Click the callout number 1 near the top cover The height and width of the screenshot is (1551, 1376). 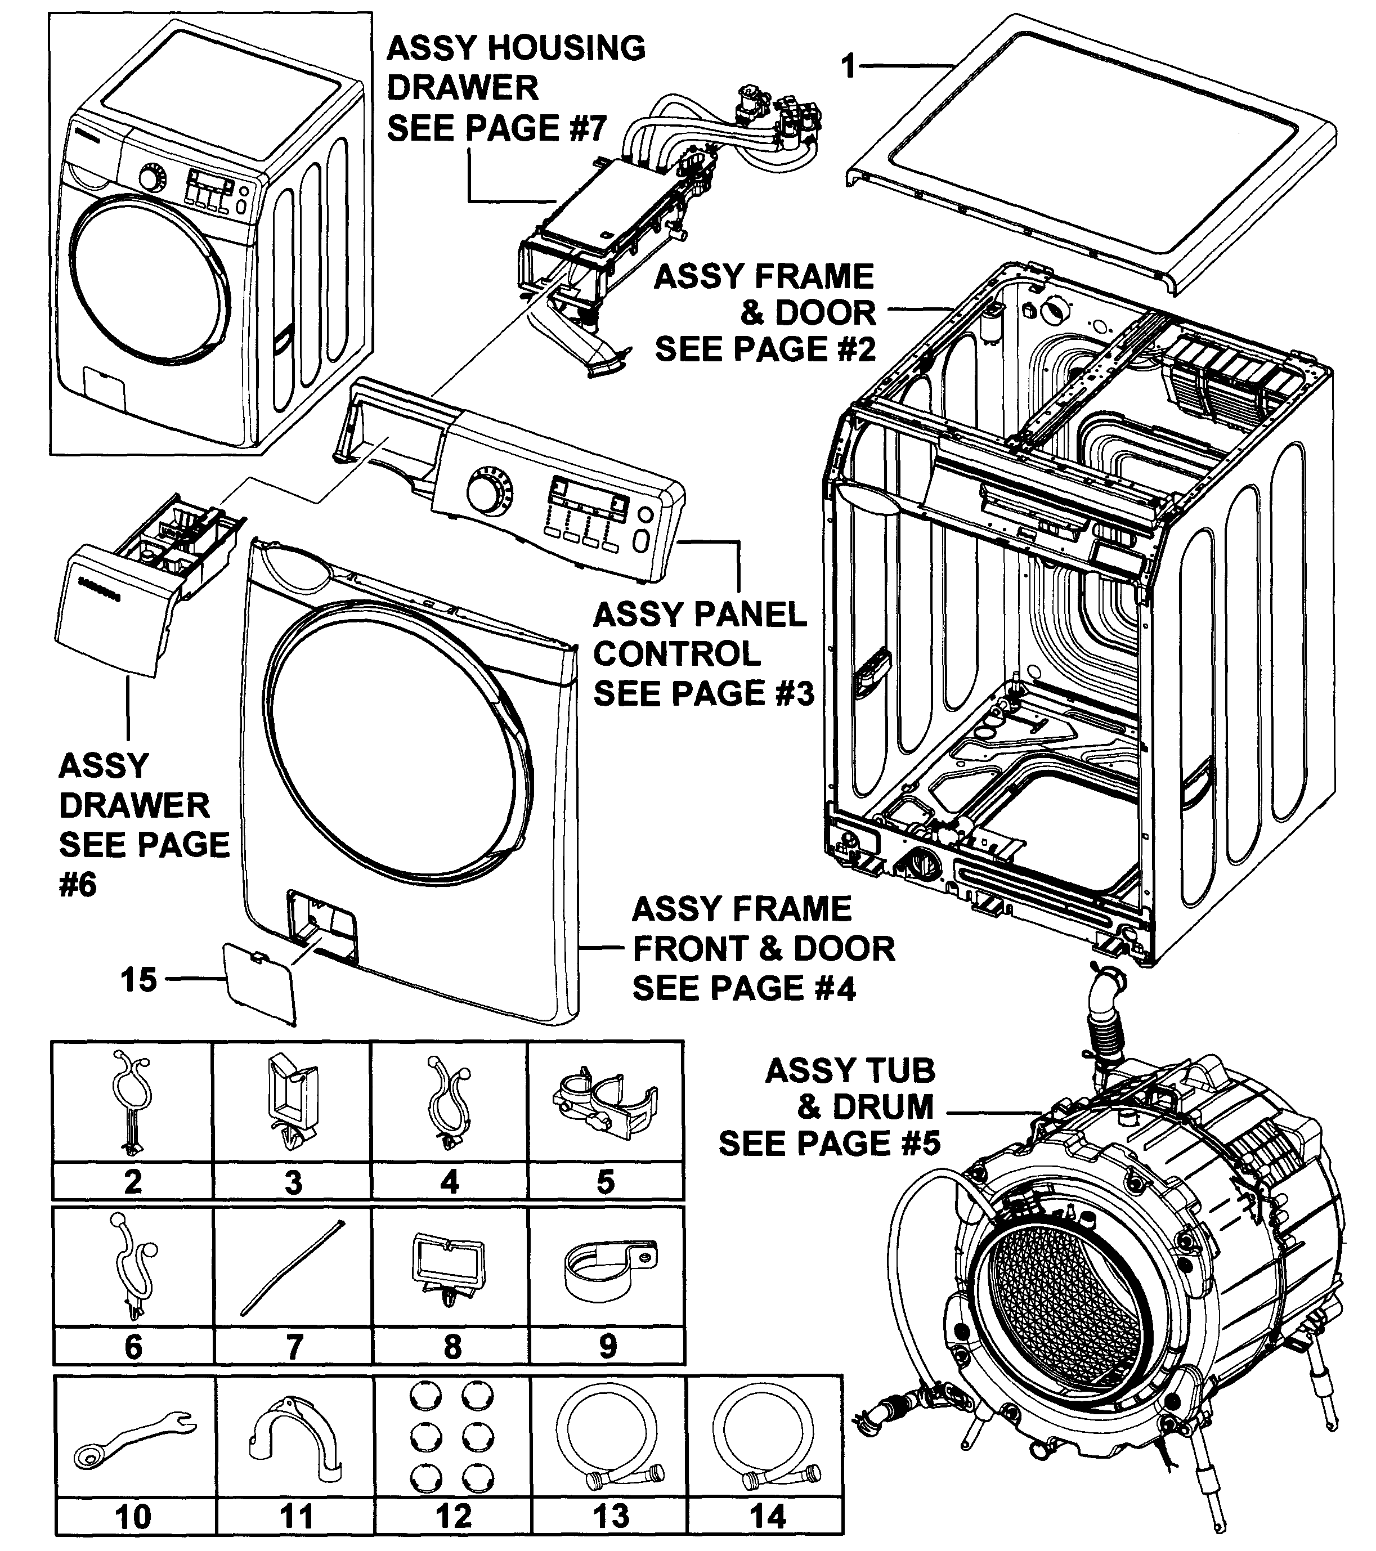[x=849, y=67]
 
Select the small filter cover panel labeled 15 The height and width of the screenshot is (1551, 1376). [x=258, y=981]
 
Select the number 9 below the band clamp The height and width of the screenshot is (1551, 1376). [x=608, y=1346]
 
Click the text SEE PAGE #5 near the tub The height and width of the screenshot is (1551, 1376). [x=829, y=1143]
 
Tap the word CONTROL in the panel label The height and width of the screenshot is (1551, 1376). [x=676, y=653]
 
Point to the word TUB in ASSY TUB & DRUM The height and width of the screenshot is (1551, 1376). [x=892, y=1070]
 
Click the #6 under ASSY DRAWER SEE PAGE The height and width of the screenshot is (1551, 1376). [x=78, y=885]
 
